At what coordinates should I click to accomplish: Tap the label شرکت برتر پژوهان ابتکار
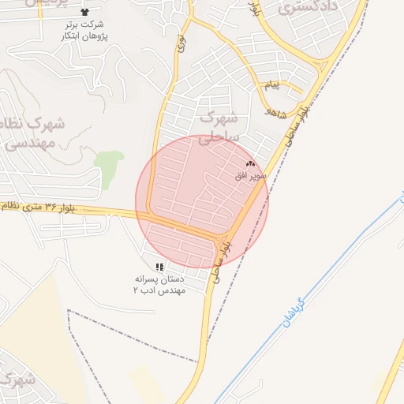85,30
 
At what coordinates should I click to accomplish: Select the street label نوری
181,43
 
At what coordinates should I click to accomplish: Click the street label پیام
271,84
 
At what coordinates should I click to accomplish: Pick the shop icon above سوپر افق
252,163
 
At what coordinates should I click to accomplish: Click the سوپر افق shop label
250,174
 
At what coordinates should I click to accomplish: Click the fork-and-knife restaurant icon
159,267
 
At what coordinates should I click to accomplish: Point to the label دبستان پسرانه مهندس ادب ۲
159,285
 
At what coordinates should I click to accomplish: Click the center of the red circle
202,201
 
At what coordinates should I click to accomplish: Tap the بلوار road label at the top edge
253,9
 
